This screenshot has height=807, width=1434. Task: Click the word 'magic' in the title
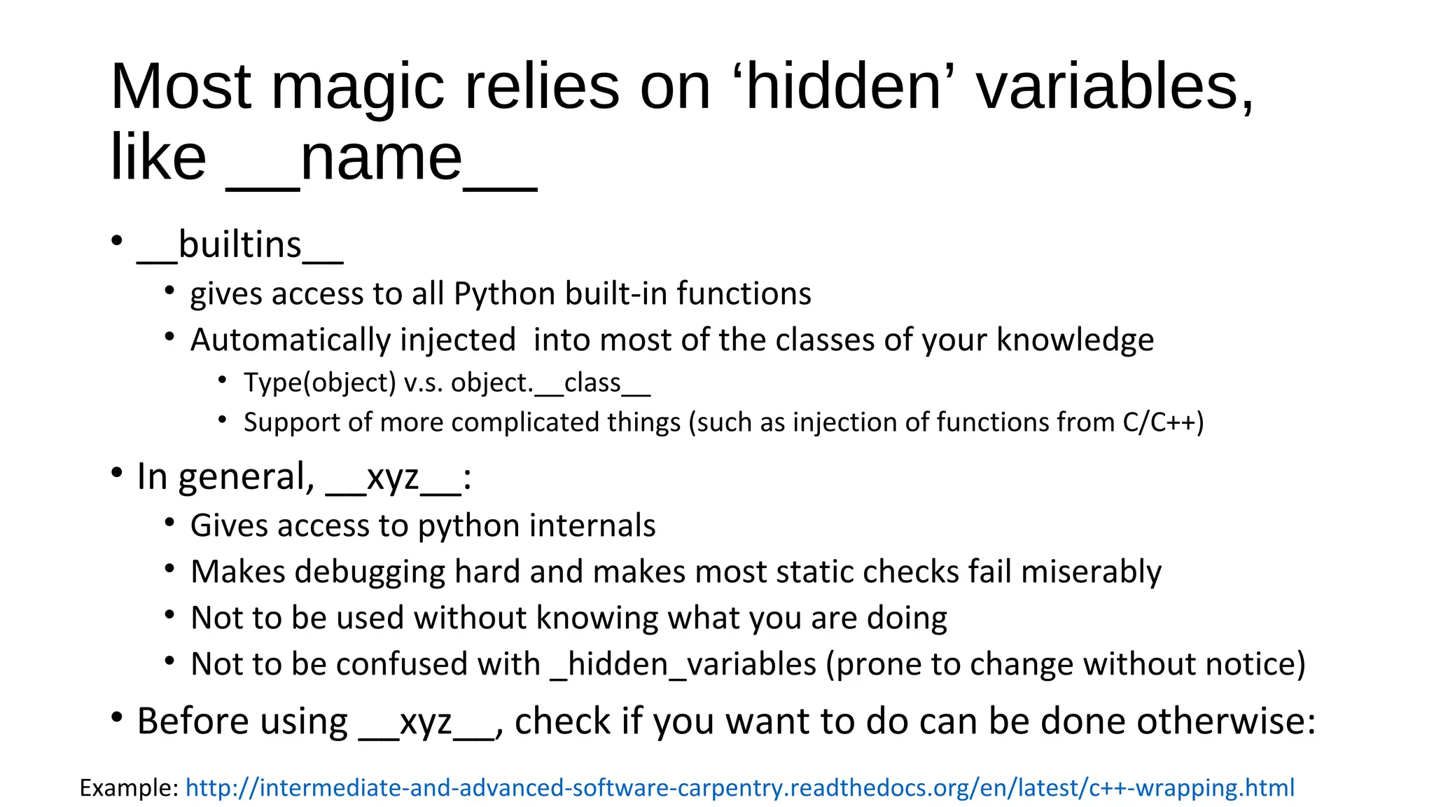coord(357,88)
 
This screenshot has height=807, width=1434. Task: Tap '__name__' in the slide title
coord(381,159)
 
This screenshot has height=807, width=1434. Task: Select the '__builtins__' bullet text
coord(240,245)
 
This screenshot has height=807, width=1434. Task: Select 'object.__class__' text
coord(550,383)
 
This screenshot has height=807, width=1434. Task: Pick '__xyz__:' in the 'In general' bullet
coord(398,478)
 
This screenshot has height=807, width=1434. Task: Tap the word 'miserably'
coord(1091,572)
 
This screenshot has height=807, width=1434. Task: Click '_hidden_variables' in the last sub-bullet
coord(684,665)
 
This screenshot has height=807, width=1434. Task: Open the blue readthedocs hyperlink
coord(739,788)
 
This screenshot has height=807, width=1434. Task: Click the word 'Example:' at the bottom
coord(130,788)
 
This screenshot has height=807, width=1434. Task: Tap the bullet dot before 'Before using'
coord(117,718)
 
